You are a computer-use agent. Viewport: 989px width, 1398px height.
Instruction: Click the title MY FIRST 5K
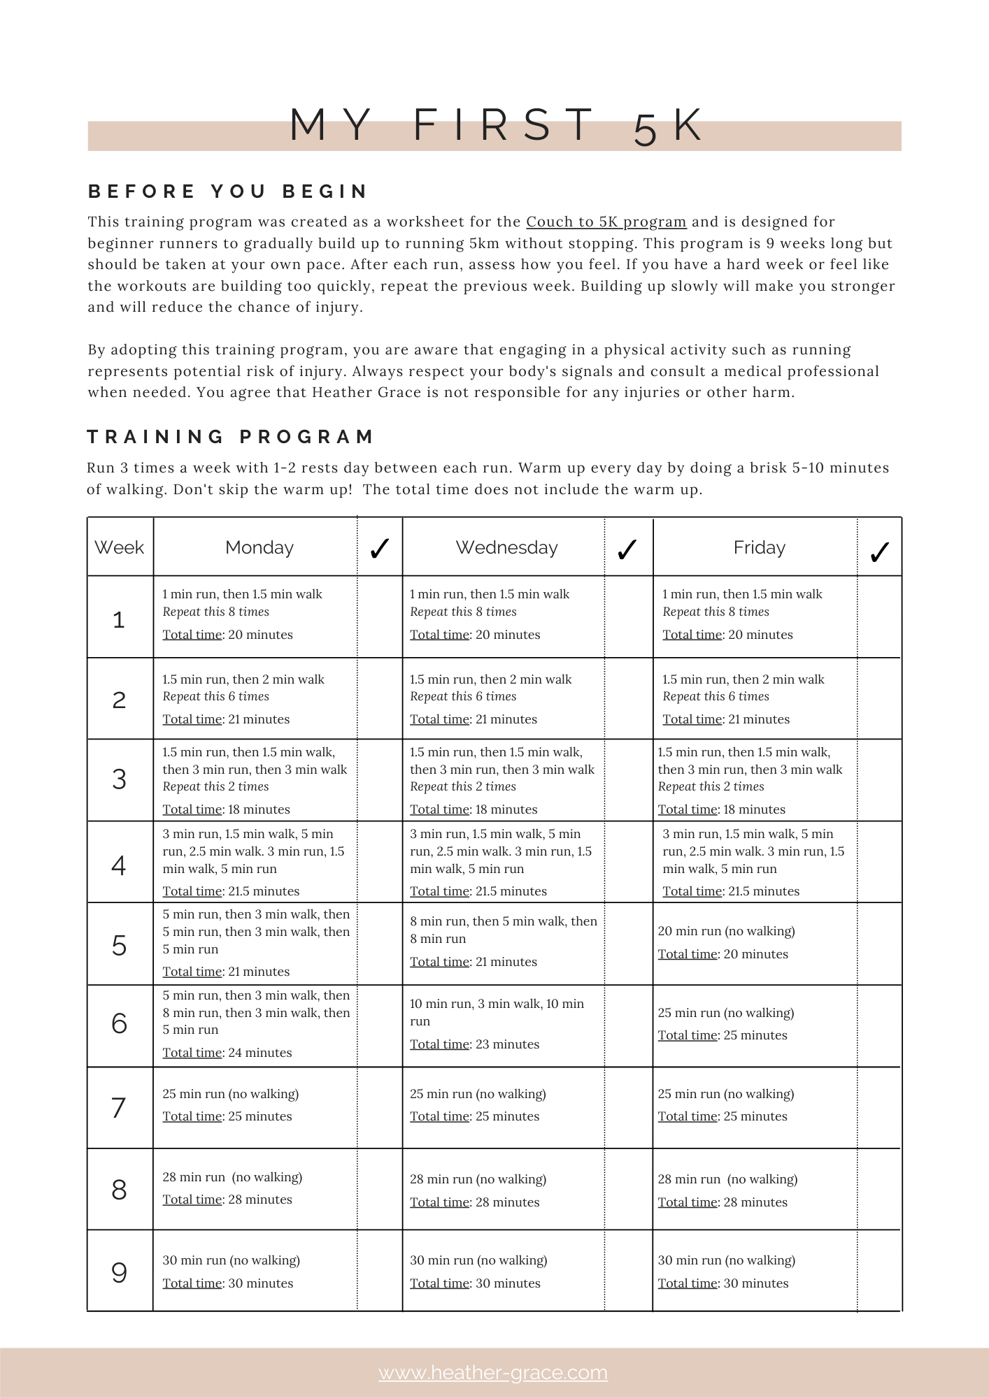[x=495, y=127]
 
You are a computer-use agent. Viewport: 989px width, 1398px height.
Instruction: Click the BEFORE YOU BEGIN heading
[x=228, y=192]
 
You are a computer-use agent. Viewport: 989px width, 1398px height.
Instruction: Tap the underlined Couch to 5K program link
[x=606, y=222]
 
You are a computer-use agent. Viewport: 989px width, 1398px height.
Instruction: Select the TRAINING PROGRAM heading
[x=231, y=437]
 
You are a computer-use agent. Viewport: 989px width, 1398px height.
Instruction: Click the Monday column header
[x=259, y=548]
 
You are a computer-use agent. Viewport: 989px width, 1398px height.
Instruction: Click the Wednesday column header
[x=506, y=548]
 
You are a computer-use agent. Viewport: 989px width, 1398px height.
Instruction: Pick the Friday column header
[x=759, y=548]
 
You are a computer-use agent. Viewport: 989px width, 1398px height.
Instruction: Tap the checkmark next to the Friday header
[x=879, y=552]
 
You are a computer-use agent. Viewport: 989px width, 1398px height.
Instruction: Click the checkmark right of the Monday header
[x=379, y=549]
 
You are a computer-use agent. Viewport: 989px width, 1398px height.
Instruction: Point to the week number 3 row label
[x=120, y=779]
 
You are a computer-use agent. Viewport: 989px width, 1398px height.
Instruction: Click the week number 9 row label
[x=120, y=1272]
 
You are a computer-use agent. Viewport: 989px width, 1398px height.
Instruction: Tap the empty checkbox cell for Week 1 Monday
[x=380, y=617]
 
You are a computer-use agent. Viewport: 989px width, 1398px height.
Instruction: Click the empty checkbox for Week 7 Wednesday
[x=628, y=1107]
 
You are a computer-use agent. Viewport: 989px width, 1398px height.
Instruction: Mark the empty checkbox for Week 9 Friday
[x=879, y=1271]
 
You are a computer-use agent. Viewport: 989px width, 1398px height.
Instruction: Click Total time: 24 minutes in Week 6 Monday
[x=227, y=1053]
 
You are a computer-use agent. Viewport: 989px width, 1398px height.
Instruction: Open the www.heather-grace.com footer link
[x=493, y=1373]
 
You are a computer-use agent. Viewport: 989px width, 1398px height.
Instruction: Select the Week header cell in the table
[x=120, y=548]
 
